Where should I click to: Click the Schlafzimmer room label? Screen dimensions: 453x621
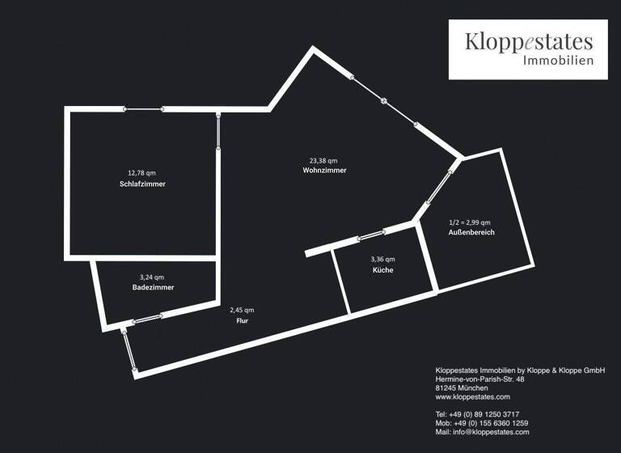point(142,185)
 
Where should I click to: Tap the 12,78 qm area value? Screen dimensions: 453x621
point(142,172)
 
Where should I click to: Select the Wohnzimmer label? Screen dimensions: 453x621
point(324,171)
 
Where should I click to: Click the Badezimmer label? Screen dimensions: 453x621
point(153,287)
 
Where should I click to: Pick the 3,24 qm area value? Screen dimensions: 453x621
point(153,276)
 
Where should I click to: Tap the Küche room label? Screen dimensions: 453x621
point(382,270)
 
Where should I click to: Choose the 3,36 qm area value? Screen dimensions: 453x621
point(382,259)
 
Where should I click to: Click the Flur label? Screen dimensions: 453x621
point(242,321)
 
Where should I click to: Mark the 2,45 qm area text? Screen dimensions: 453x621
point(242,310)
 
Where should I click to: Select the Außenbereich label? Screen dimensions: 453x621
point(471,233)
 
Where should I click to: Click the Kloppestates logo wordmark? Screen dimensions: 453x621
point(528,42)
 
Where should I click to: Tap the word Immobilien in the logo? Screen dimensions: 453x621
point(558,61)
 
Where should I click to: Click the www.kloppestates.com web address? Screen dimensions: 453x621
point(472,397)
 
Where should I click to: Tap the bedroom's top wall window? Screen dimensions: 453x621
point(143,109)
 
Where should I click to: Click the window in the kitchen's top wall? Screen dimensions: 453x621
point(371,236)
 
